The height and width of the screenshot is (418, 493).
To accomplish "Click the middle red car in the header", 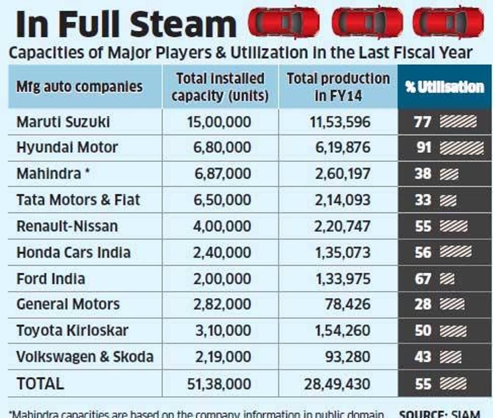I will pos(367,22).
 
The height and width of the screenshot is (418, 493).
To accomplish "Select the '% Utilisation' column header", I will pos(444,87).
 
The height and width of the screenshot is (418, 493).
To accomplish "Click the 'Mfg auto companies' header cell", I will pos(79,87).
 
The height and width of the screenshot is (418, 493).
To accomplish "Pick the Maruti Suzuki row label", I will pos(63,122).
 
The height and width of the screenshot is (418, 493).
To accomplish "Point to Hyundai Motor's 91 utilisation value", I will pos(424,147).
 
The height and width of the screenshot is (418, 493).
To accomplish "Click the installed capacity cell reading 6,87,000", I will pos(222,174).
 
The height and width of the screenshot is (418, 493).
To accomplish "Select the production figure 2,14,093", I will pos(343,200).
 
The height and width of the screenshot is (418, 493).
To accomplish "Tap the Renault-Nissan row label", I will pos(67,226).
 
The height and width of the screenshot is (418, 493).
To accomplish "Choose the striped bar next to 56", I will pos(455,252).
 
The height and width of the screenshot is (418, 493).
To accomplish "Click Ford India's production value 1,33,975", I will pos(343,278).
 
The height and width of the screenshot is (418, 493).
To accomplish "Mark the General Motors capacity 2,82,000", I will pos(222,304).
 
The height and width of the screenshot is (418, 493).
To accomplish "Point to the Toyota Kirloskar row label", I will pos(72,331).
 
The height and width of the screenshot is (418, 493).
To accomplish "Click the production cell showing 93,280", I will pos(347,357).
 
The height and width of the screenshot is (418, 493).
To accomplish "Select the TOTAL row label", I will pos(40,383).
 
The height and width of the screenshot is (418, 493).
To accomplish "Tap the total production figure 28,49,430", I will pos(337,384).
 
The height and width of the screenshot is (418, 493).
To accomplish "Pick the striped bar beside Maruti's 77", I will pos(458,121).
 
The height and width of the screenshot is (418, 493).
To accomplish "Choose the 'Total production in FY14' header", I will pos(338,87).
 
